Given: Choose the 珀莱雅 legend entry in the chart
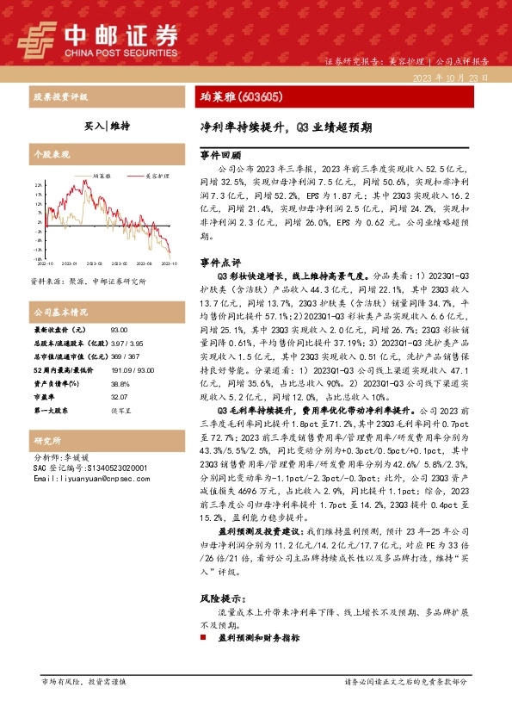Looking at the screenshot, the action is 104,175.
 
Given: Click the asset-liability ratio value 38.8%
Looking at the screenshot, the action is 120,382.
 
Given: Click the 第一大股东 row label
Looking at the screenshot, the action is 54,409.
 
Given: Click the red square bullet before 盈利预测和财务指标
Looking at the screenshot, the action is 203,639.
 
